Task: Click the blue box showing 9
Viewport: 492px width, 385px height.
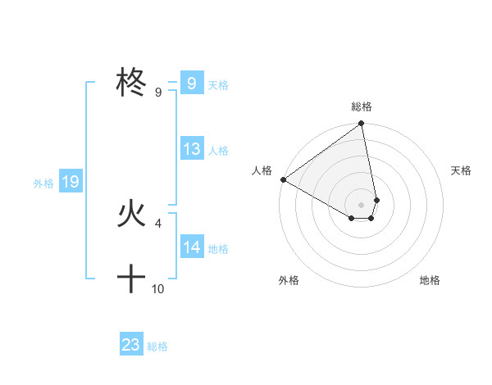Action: pyautogui.click(x=191, y=83)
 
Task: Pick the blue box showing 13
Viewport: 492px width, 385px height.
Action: pyautogui.click(x=192, y=149)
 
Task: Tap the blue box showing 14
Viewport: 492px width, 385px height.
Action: pyautogui.click(x=192, y=247)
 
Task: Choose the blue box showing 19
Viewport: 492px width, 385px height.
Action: pyautogui.click(x=71, y=182)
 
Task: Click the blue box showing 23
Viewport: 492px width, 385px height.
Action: pyautogui.click(x=131, y=345)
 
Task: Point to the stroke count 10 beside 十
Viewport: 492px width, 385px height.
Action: pyautogui.click(x=158, y=288)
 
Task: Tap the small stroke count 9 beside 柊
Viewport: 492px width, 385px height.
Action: pyautogui.click(x=158, y=92)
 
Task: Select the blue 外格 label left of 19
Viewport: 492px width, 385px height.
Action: pyautogui.click(x=43, y=183)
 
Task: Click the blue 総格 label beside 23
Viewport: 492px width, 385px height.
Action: pyautogui.click(x=157, y=346)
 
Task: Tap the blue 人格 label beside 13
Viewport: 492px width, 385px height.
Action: pyautogui.click(x=218, y=151)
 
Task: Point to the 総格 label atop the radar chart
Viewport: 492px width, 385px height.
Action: pyautogui.click(x=362, y=106)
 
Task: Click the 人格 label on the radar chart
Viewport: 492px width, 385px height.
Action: pyautogui.click(x=262, y=170)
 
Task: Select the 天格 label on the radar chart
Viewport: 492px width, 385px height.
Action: pyautogui.click(x=462, y=170)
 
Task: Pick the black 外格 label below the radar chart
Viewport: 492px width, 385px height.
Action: pyautogui.click(x=289, y=280)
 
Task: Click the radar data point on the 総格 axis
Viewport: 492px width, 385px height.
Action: pyautogui.click(x=362, y=125)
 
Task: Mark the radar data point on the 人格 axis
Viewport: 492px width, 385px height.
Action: pyautogui.click(x=283, y=179)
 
